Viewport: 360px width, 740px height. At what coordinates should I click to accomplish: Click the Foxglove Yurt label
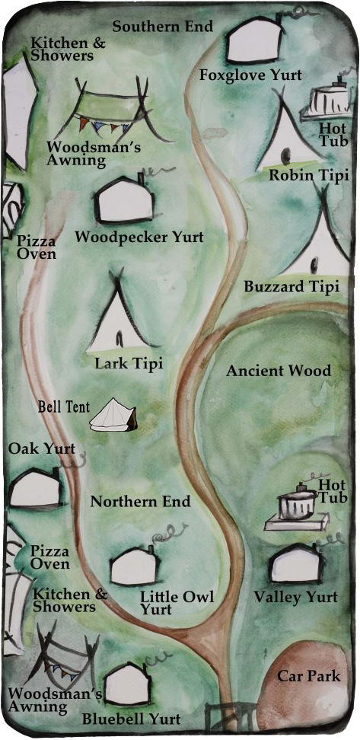(250, 75)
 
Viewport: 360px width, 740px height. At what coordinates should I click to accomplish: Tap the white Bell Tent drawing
(113, 418)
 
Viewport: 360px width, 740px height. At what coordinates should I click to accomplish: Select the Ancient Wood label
(279, 371)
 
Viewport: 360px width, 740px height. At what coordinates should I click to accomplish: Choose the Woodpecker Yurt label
(139, 238)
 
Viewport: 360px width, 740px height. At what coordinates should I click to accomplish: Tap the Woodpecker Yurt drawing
(124, 199)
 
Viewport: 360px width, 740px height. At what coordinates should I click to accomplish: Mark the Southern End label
(162, 26)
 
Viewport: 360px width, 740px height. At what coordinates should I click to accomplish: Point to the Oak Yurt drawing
(34, 489)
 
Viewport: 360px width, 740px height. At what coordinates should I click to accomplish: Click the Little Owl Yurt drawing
(133, 566)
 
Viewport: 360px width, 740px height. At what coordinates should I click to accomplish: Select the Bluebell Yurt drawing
(126, 685)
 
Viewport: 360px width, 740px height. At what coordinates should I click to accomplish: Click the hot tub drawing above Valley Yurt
(298, 509)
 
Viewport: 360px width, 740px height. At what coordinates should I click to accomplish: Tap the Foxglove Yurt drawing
(255, 42)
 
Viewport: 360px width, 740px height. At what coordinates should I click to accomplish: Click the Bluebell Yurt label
(131, 719)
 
